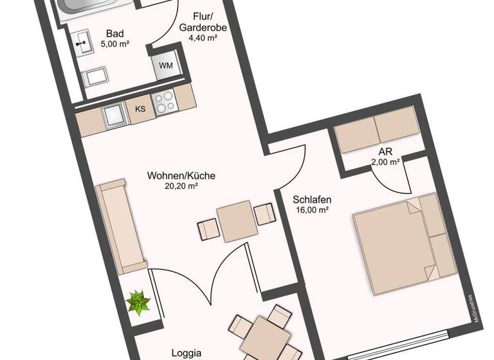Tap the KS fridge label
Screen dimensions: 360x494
click(140, 109)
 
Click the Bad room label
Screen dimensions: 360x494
click(116, 33)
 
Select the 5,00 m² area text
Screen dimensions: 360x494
click(116, 44)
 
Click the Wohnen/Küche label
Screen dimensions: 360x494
click(181, 175)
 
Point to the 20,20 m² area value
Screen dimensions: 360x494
click(181, 186)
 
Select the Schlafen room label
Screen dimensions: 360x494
click(311, 199)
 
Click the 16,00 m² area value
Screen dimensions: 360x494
click(313, 210)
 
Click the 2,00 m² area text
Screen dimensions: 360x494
click(386, 162)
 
